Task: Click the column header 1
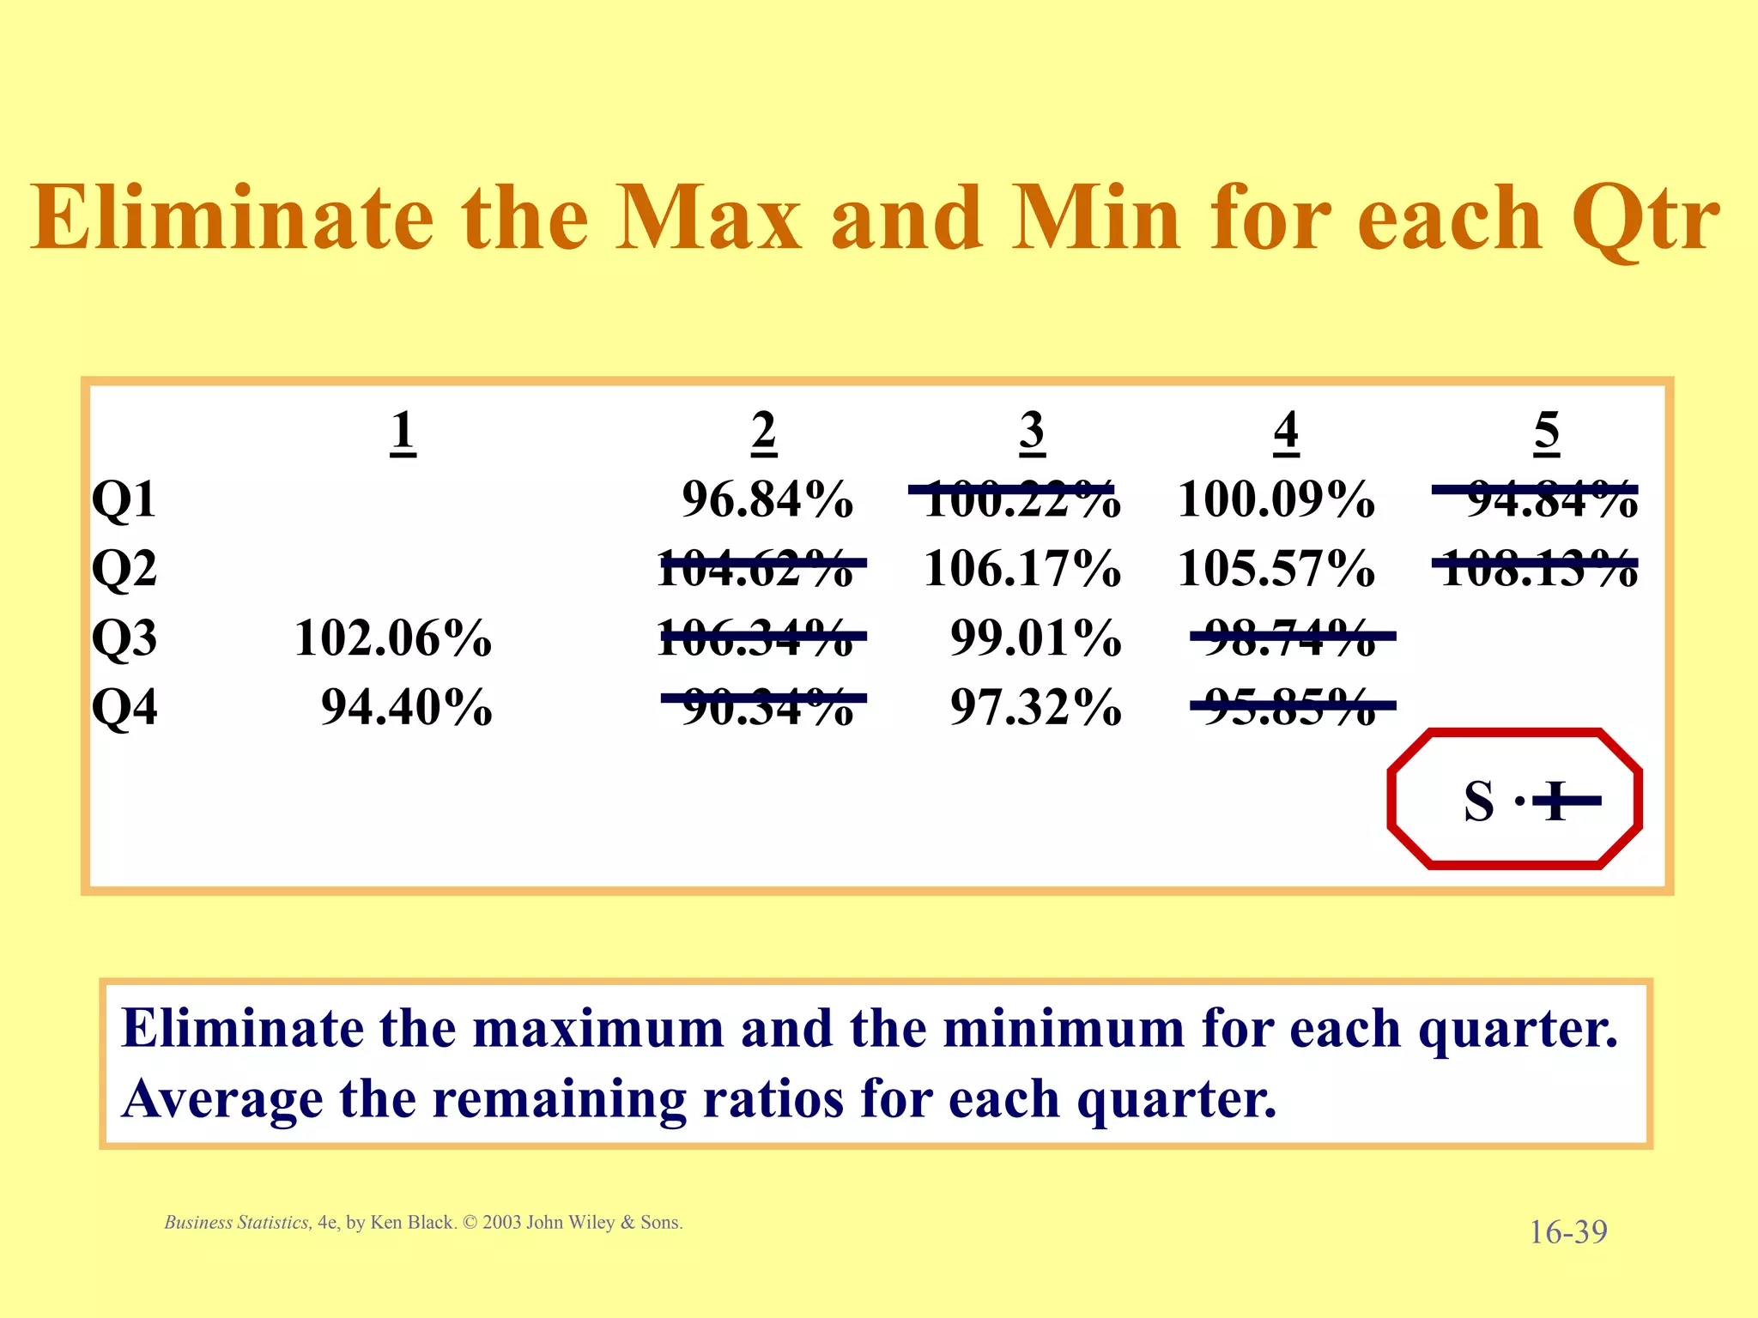tap(403, 431)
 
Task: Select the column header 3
tap(1032, 431)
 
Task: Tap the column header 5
tap(1546, 431)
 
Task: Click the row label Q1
tap(124, 499)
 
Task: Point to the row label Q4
tap(124, 708)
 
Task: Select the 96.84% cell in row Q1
tap(767, 499)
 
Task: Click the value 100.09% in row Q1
tap(1276, 499)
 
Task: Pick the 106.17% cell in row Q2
tap(1021, 569)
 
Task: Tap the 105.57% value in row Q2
tap(1276, 569)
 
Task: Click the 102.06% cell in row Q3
tap(393, 638)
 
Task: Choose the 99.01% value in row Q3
tap(1035, 638)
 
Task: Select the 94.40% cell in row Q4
tap(406, 708)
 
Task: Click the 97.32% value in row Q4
tap(1035, 708)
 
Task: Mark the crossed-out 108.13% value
tap(1538, 569)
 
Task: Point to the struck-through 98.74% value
tap(1290, 638)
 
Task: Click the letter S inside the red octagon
tap(1479, 801)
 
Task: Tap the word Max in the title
tap(708, 219)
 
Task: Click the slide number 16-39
tap(1567, 1232)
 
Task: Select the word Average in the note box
tap(222, 1098)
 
